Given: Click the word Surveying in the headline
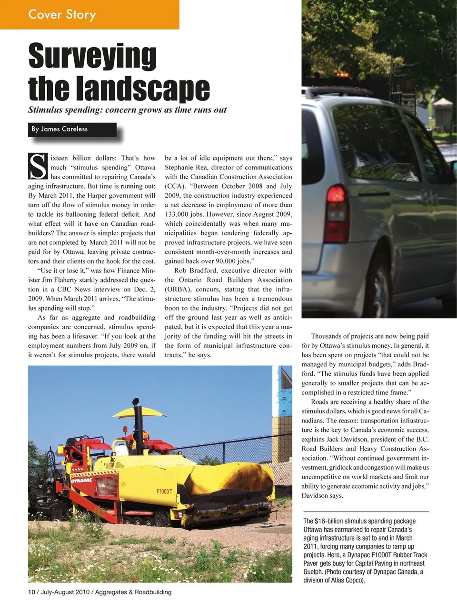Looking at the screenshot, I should coord(92,57).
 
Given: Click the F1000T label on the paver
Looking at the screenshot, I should coord(164,491).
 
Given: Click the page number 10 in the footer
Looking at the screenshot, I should coord(31,592).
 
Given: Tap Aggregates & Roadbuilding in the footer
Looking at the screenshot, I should coord(133,592).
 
